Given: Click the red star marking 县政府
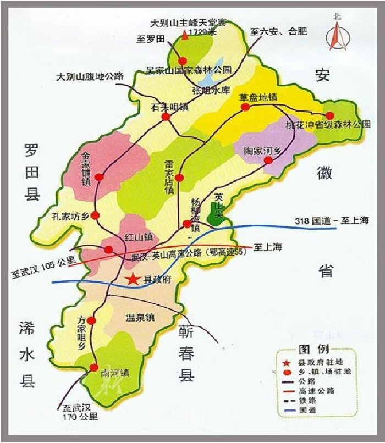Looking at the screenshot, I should pyautogui.click(x=133, y=279).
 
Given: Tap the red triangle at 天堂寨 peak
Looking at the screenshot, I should pyautogui.click(x=185, y=35).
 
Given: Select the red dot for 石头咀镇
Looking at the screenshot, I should pyautogui.click(x=165, y=117).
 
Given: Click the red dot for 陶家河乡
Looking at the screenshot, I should pyautogui.click(x=268, y=160).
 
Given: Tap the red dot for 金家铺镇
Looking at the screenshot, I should pyautogui.click(x=99, y=177).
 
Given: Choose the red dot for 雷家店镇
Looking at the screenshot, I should pyautogui.click(x=180, y=177).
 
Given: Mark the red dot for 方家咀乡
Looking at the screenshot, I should pyautogui.click(x=91, y=320).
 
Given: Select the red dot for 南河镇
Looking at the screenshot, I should pyautogui.click(x=94, y=367).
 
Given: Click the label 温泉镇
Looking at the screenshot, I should pyautogui.click(x=141, y=318).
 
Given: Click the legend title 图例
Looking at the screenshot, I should pyautogui.click(x=314, y=350).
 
